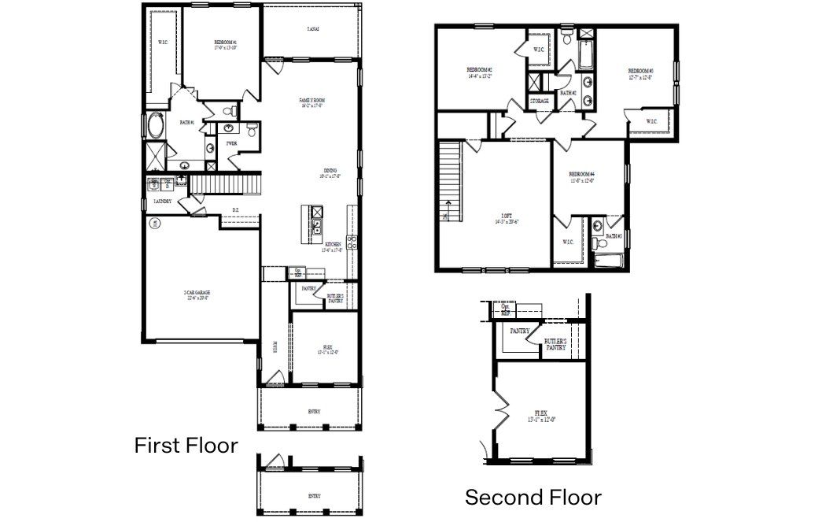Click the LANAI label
[312, 29]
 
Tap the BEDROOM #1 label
[226, 44]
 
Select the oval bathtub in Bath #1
[155, 127]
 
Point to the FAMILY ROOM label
[312, 102]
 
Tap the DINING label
[330, 172]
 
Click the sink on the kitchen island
[315, 228]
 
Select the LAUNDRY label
[163, 202]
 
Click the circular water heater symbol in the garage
[156, 224]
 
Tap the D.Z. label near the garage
[235, 209]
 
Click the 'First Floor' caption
[186, 446]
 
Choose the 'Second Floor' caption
[533, 498]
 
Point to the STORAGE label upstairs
[539, 102]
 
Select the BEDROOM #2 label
[479, 72]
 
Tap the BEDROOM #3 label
[640, 72]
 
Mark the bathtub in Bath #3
[609, 261]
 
